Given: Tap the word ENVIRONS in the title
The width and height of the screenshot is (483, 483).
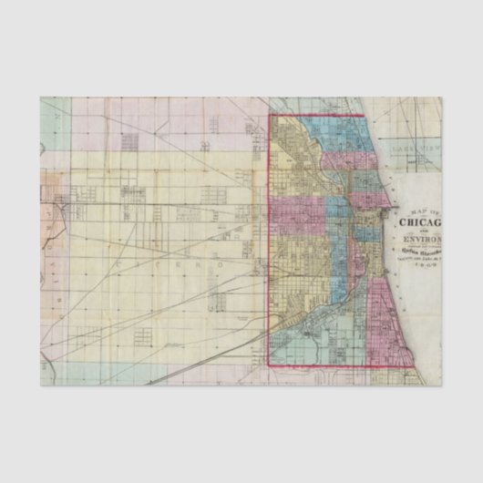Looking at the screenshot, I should coord(419,240).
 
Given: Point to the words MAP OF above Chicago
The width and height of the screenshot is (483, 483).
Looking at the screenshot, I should coord(416,211).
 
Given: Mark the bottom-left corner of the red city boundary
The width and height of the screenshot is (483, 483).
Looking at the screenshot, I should coord(268,365).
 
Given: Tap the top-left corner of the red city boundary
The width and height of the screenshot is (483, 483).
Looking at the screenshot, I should coord(268,115).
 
